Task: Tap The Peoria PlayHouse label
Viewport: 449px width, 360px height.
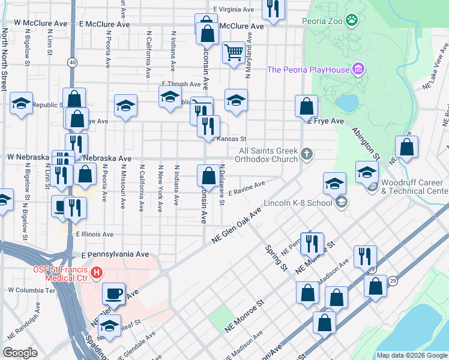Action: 308,70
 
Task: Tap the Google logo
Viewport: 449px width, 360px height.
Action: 21,353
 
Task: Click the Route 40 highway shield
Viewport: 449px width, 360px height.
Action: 72,62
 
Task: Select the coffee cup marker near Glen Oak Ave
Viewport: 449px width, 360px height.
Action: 113,294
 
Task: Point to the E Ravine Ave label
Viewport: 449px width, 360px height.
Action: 247,188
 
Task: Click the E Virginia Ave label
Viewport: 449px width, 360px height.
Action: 234,10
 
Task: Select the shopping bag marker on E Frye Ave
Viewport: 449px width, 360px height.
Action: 306,107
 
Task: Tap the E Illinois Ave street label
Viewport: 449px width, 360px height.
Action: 94,235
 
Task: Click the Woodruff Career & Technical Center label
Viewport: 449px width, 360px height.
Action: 414,187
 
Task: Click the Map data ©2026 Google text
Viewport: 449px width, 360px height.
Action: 411,355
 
